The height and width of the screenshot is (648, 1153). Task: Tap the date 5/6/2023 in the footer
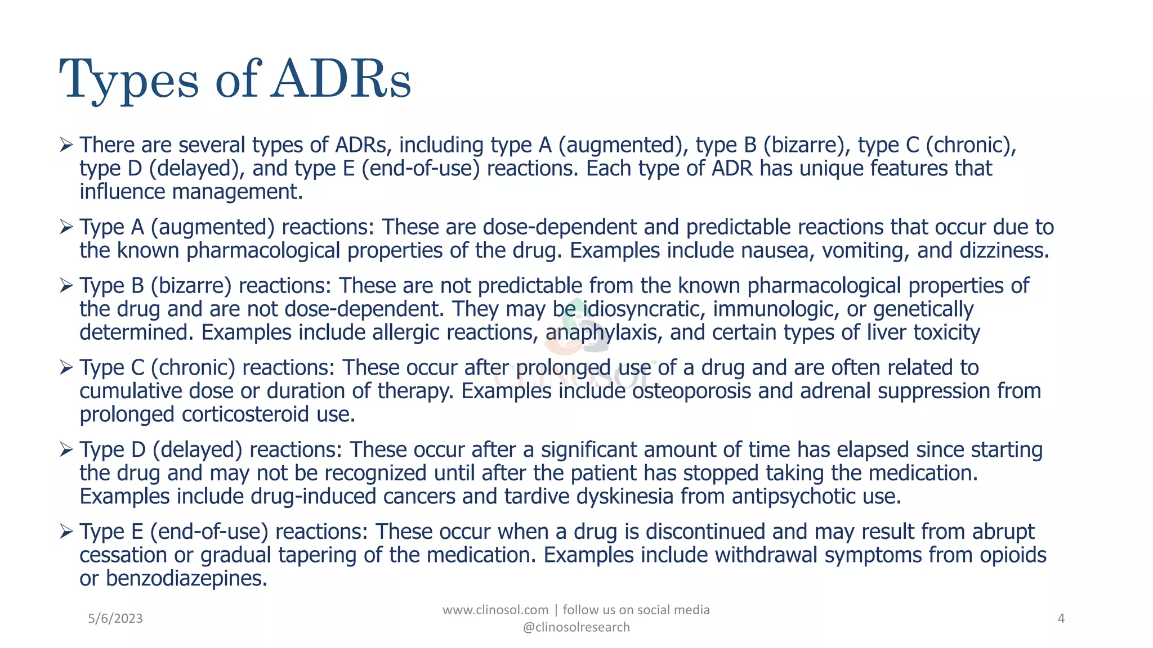coord(115,619)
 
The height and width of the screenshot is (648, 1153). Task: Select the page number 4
coord(1061,619)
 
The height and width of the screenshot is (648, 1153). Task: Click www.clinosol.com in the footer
coord(495,610)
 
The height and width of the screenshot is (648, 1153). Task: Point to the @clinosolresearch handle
coord(576,627)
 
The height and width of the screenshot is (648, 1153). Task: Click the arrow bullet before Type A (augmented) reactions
coord(66,227)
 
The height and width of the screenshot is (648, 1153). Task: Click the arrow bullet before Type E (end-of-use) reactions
coord(66,532)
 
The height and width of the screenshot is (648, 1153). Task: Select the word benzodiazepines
coord(186,578)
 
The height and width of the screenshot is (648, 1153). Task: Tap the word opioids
coord(1013,555)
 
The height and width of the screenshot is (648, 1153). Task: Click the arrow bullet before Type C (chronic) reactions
coord(66,368)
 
